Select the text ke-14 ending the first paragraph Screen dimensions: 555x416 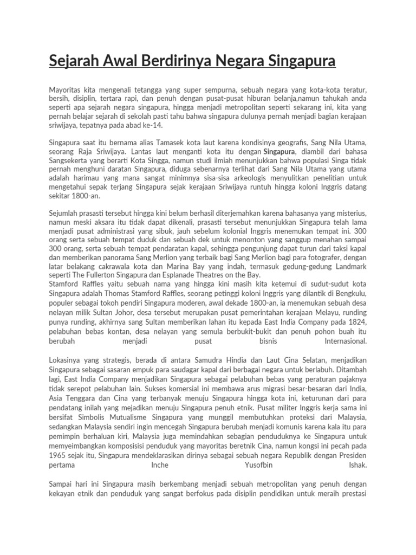tap(138, 125)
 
